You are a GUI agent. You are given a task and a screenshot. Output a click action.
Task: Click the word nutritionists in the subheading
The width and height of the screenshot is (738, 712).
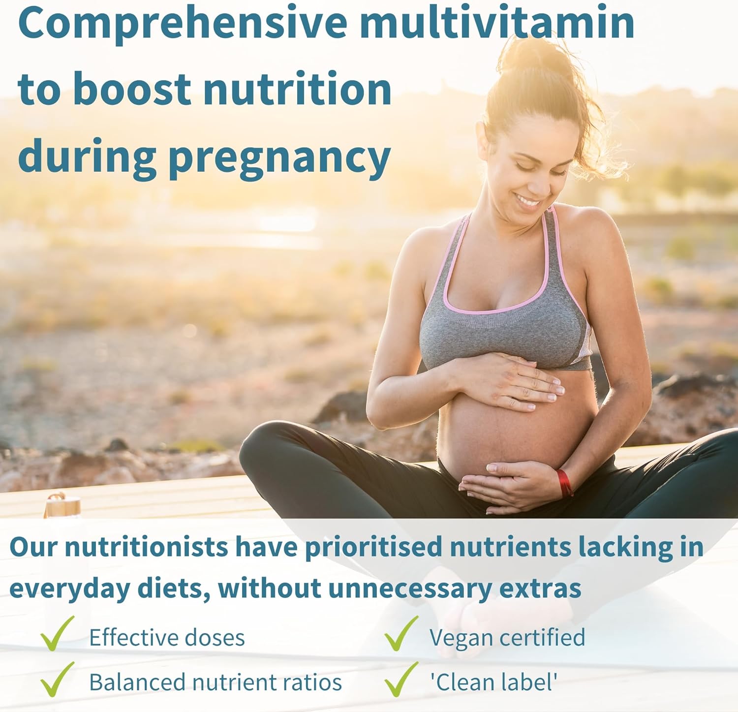tap(146, 547)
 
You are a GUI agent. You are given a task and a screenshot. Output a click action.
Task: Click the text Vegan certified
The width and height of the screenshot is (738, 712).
tap(507, 637)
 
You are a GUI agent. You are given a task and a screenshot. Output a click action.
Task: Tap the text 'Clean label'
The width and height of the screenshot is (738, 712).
tap(493, 682)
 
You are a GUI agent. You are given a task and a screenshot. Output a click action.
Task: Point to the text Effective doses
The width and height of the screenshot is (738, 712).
tap(167, 638)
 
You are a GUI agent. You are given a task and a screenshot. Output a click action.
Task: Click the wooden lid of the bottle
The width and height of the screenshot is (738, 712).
tap(63, 505)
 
